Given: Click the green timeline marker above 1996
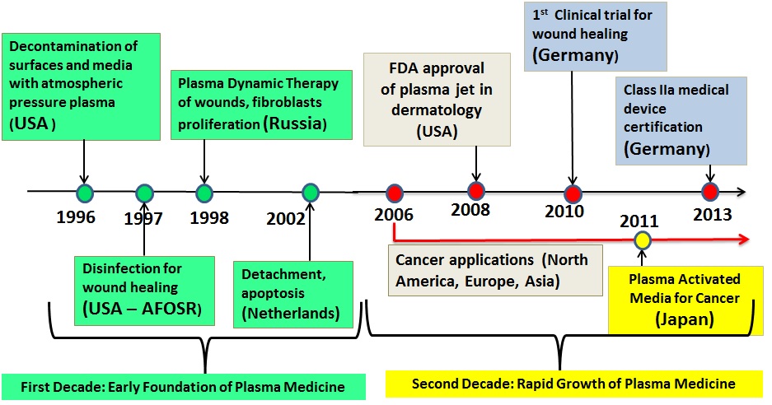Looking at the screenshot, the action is pos(85,193).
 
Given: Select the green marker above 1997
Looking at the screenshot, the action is pos(144,193).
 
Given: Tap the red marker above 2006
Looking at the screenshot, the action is pos(395,193).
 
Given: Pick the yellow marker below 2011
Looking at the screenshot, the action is pos(642,240).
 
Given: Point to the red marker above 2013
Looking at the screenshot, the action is pos(710,192).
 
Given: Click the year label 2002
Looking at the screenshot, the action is pos(286,218).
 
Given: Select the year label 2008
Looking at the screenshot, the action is pos(470,210).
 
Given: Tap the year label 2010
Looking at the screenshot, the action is pos(564,211).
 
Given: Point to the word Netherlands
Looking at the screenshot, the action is pos(291,313).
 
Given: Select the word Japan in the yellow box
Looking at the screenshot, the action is pos(685,319).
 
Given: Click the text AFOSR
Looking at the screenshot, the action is pos(169,309).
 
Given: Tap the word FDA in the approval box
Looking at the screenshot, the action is pos(403,67).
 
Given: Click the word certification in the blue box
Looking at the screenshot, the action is pos(662,127).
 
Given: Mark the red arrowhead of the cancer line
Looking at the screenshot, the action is pos(742,240).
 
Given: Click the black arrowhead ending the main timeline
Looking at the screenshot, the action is pos(740,192).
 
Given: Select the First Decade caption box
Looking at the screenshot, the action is pos(183,387).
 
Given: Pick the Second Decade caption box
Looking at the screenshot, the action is pos(573,384).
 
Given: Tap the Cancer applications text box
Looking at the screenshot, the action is pos(495,270).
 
